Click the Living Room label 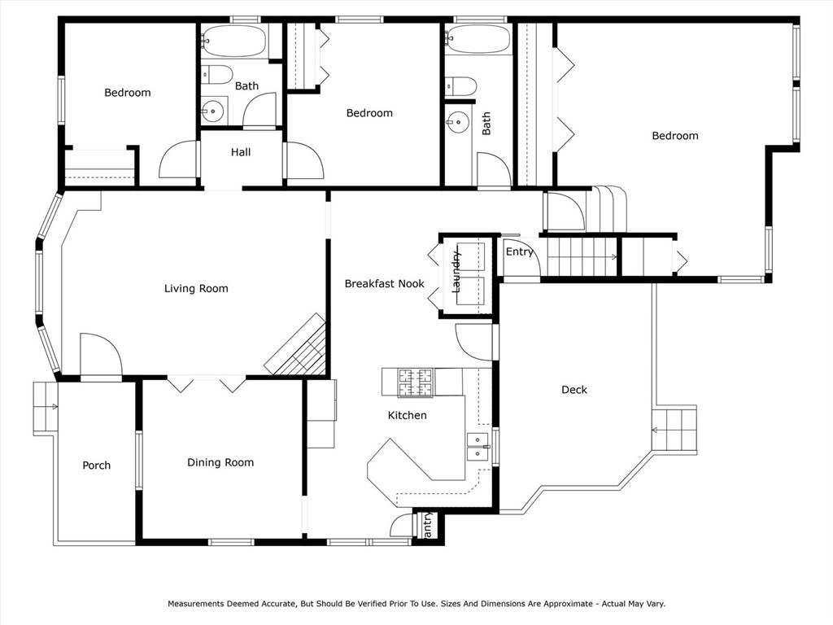pyautogui.click(x=196, y=289)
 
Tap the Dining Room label pyautogui.click(x=220, y=462)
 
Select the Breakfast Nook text pyautogui.click(x=385, y=284)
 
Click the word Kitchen pyautogui.click(x=407, y=415)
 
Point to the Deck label pyautogui.click(x=574, y=390)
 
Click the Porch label pyautogui.click(x=97, y=465)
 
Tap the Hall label pyautogui.click(x=241, y=152)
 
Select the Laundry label pyautogui.click(x=456, y=272)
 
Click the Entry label pyautogui.click(x=519, y=252)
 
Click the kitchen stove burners pyautogui.click(x=416, y=382)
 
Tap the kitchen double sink pyautogui.click(x=478, y=447)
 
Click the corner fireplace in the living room pyautogui.click(x=296, y=345)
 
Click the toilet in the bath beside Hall pyautogui.click(x=216, y=74)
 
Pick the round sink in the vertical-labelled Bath pyautogui.click(x=456, y=123)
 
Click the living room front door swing pyautogui.click(x=102, y=354)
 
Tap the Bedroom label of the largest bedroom pyautogui.click(x=674, y=136)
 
